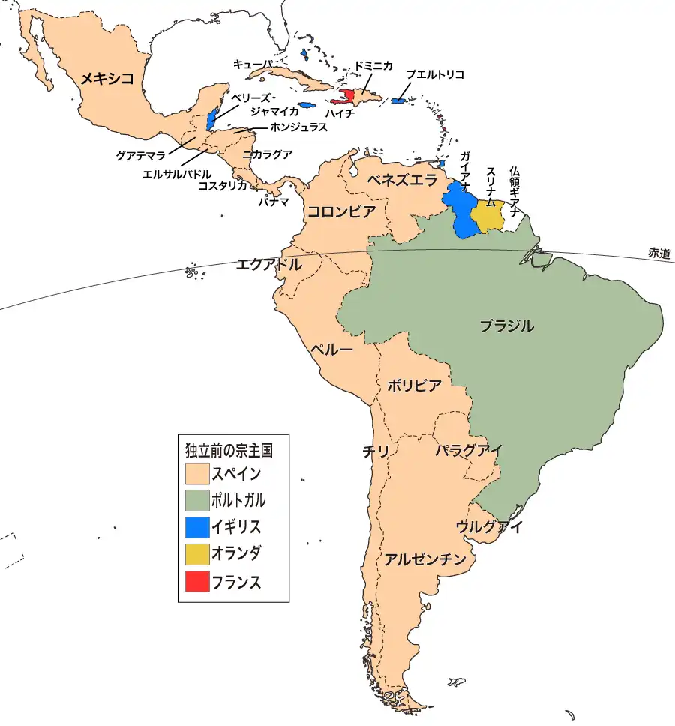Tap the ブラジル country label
coord(507,326)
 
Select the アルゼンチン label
coord(425,559)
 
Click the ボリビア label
coord(414,385)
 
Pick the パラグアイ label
coord(468,450)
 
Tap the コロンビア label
coord(341,211)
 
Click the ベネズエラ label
coord(401,181)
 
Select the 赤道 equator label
coord(661,253)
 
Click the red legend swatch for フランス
coord(197,581)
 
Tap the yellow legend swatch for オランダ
coord(197,554)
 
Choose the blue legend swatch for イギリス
coord(197,527)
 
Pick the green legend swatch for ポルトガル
coord(197,500)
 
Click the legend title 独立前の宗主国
coord(228,451)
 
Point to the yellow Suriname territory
coord(487,215)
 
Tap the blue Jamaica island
coord(305,105)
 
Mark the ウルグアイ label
coord(489,527)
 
